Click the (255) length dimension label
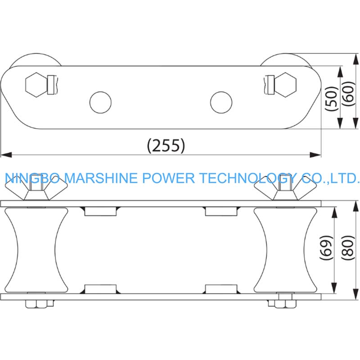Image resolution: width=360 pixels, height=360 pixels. pos(166,145)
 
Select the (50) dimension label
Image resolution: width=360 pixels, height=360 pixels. pos(332,99)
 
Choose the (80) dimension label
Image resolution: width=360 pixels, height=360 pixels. pos(348,248)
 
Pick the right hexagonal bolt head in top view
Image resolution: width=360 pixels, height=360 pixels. pos(285,85)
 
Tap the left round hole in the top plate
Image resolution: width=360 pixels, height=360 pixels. pos(100,103)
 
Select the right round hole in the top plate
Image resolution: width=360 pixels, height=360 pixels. pos(221,103)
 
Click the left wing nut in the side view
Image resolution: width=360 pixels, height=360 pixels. pos(36,188)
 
